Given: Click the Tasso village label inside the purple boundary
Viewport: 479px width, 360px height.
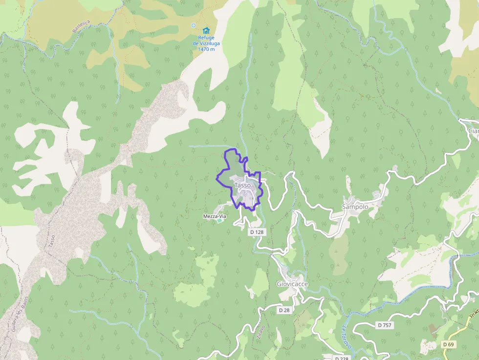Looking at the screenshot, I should click(x=242, y=186).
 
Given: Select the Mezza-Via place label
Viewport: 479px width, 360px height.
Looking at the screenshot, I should click(x=215, y=216).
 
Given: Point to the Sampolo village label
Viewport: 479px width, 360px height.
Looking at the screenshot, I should click(x=355, y=207).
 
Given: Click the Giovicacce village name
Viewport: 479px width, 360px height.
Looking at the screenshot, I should click(x=292, y=284).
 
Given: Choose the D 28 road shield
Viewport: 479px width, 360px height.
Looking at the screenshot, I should click(x=284, y=310).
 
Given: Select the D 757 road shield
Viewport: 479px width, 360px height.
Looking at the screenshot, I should click(x=385, y=325).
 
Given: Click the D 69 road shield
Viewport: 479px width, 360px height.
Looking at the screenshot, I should click(x=448, y=344).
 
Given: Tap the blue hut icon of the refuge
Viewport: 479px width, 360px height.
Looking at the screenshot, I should click(x=206, y=31).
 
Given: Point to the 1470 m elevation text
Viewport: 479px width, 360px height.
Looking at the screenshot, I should click(x=206, y=49).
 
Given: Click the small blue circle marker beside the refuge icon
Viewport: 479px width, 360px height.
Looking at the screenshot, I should click(x=193, y=25).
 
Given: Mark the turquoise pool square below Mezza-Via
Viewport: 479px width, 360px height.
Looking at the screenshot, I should click(x=219, y=221).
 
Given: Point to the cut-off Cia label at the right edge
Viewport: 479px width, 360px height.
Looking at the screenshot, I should click(x=473, y=131).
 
